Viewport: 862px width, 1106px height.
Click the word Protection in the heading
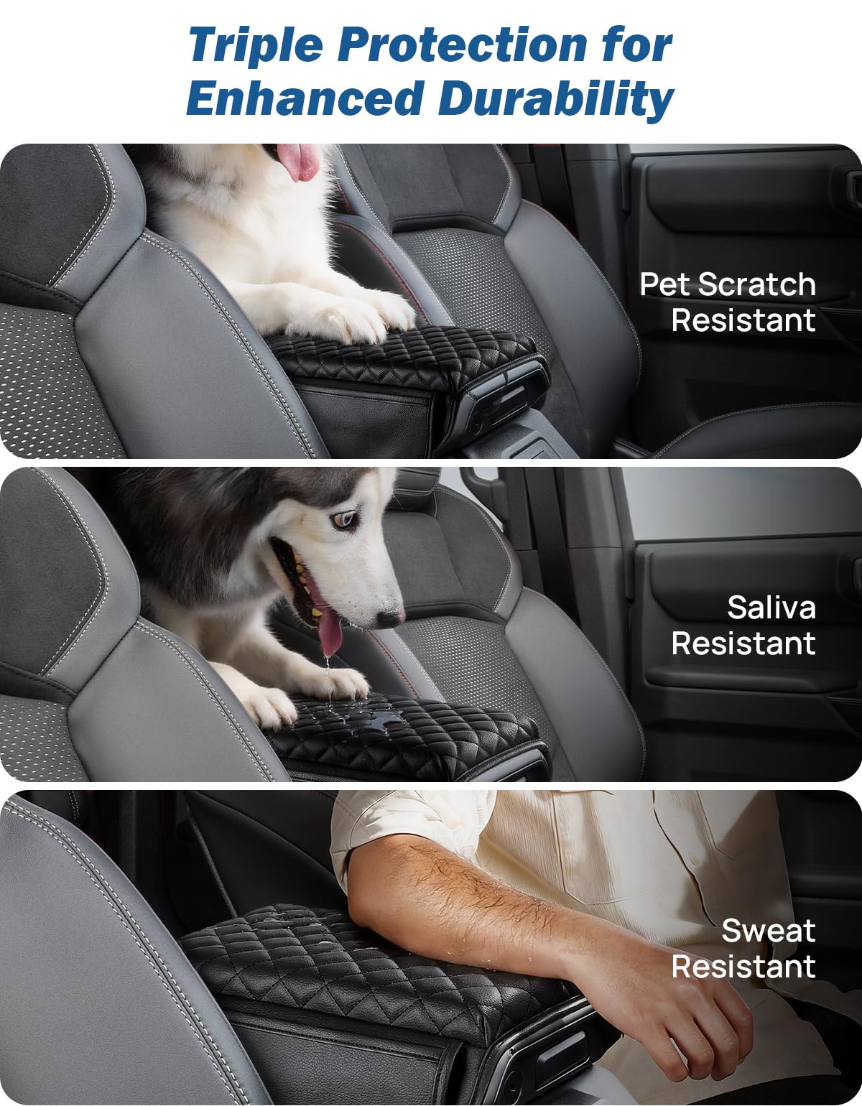pos(462,45)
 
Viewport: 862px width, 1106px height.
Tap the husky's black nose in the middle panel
pos(389,618)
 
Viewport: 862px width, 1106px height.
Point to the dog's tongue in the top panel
pos(298,161)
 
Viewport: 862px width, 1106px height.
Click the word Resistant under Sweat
pos(743,965)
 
